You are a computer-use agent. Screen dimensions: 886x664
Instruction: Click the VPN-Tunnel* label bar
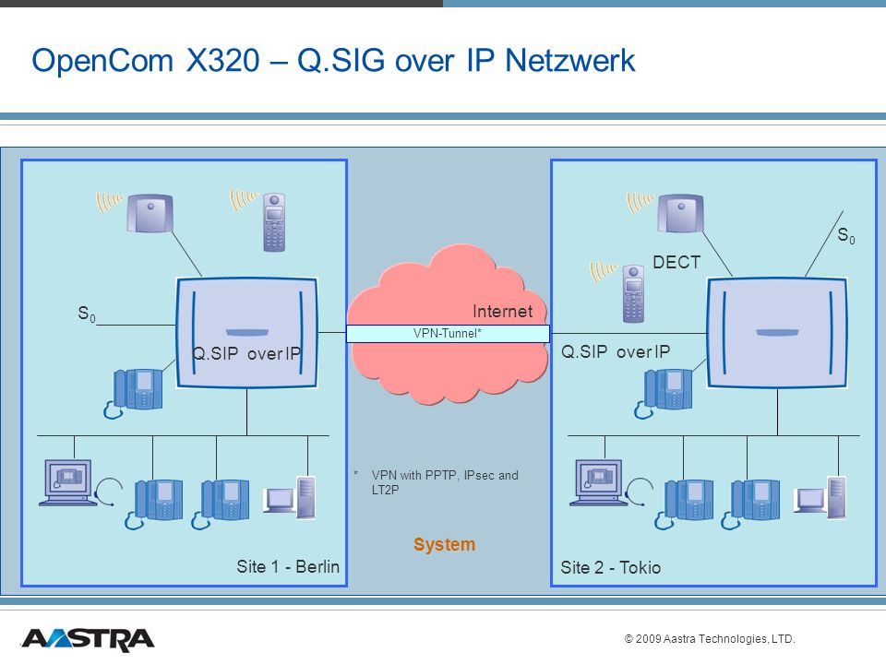click(448, 333)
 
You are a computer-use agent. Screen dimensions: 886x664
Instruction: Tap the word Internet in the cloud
click(502, 311)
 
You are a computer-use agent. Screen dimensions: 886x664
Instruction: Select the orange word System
click(444, 544)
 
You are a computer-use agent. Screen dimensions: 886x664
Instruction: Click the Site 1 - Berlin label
click(288, 566)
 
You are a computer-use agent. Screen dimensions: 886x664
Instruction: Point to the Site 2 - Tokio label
click(610, 567)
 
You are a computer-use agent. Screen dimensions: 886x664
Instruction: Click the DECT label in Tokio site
click(676, 262)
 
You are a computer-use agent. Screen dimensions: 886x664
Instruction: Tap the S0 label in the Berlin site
click(87, 314)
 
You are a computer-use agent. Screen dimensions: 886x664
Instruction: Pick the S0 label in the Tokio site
click(846, 235)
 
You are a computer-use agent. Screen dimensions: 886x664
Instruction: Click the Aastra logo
click(88, 640)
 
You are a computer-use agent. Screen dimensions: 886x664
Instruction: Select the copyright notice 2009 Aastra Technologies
click(710, 638)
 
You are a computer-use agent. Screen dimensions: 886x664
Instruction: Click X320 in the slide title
click(223, 60)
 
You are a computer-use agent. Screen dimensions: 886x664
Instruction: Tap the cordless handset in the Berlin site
click(274, 222)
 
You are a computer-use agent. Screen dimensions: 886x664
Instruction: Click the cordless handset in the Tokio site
click(633, 293)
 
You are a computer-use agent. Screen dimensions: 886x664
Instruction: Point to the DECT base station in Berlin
click(150, 213)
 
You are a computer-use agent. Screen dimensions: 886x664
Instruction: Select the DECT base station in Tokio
click(680, 213)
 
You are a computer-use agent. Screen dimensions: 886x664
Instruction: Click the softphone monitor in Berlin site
click(66, 482)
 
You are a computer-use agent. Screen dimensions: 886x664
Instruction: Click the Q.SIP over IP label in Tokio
click(616, 351)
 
